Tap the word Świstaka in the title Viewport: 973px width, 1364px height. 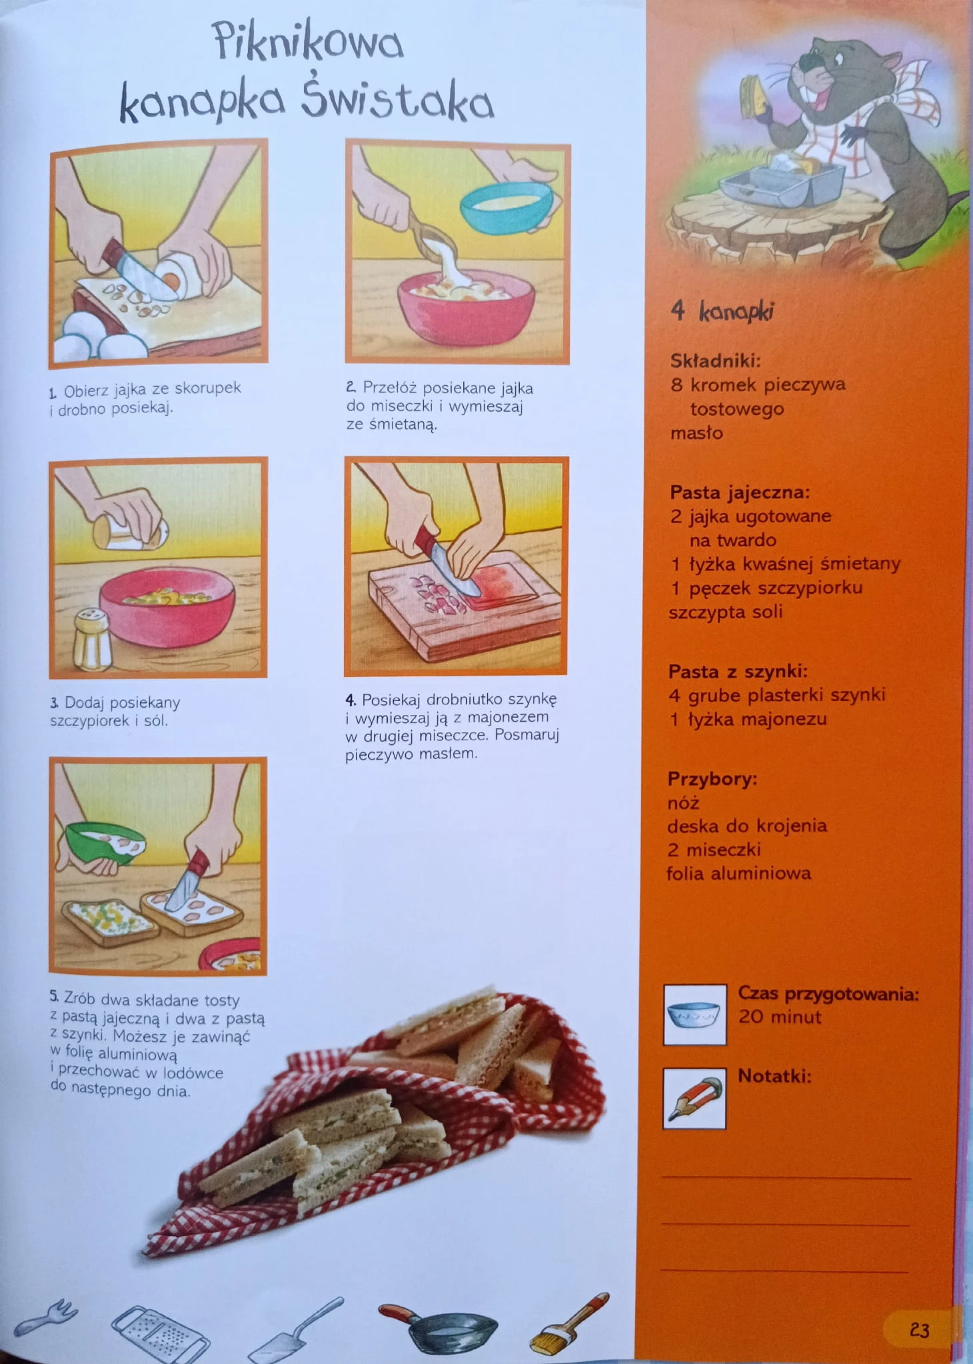point(397,103)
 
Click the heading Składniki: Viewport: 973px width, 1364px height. point(715,361)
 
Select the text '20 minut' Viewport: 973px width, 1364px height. point(780,1017)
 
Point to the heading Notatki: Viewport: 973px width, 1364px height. point(774,1076)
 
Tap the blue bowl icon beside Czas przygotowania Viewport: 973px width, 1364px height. point(694,1014)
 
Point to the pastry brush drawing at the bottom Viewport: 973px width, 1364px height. point(568,1323)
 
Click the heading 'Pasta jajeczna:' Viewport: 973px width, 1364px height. point(740,493)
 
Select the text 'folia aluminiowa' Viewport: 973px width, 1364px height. point(739,873)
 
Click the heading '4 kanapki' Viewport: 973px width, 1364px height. point(722,311)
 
